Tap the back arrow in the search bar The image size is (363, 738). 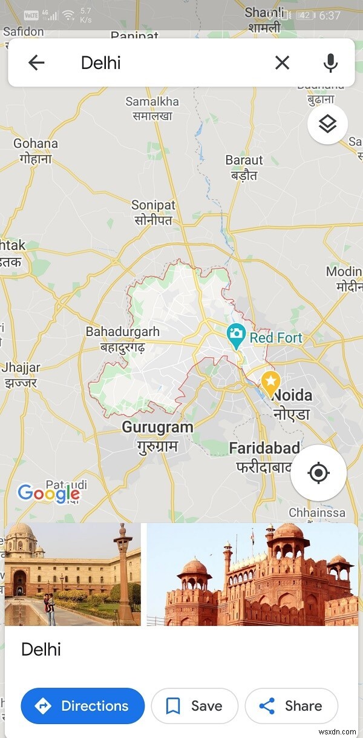[36, 62]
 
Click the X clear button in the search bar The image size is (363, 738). [282, 62]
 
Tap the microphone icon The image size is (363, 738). [330, 62]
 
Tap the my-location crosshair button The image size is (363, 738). [318, 473]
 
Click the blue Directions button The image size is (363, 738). [83, 706]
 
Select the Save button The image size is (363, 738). [194, 706]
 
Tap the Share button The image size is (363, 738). [291, 706]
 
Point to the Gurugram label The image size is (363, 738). [157, 427]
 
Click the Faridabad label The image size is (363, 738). [264, 448]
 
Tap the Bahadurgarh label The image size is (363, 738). [123, 332]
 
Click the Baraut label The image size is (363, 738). [244, 160]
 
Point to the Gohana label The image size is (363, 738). [36, 143]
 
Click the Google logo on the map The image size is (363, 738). [48, 493]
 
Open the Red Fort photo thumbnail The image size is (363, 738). [252, 575]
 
